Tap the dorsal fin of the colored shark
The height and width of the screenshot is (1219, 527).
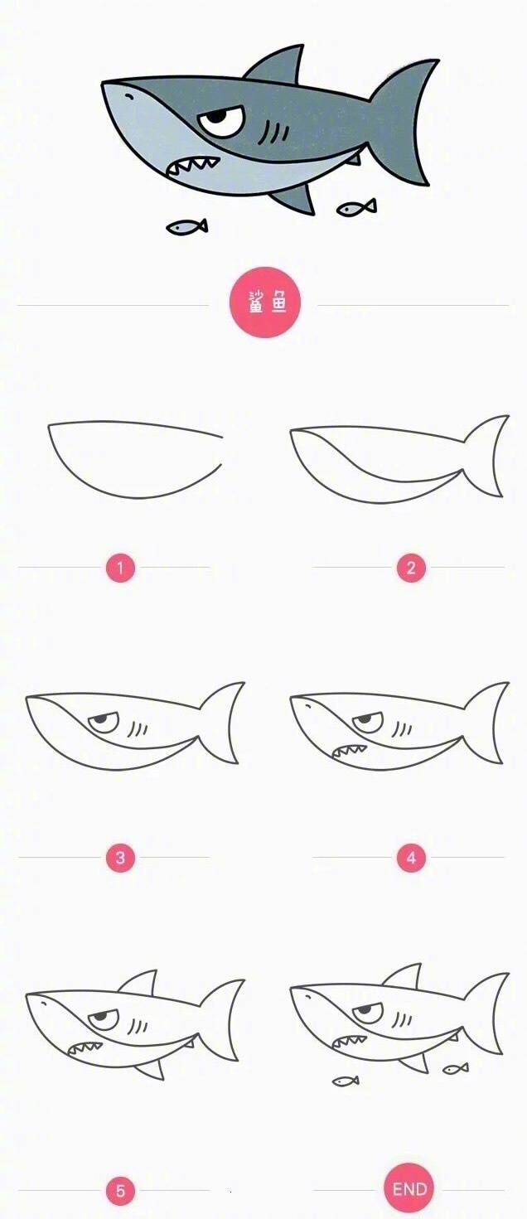(278, 65)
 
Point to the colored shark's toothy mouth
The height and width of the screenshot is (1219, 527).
(194, 166)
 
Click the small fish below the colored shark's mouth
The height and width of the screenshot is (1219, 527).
(186, 226)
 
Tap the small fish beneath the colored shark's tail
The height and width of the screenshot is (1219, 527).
(356, 207)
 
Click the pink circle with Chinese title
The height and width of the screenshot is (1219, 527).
(265, 302)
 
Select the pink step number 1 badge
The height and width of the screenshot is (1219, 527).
(120, 568)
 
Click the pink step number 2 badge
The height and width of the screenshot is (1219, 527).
(411, 568)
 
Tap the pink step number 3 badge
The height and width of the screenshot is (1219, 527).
(120, 858)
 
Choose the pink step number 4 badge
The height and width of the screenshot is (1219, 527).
(411, 858)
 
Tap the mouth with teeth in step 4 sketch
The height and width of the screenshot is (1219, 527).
(348, 752)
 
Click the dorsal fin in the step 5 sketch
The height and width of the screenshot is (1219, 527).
(139, 981)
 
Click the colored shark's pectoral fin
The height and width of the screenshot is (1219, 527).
(295, 199)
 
